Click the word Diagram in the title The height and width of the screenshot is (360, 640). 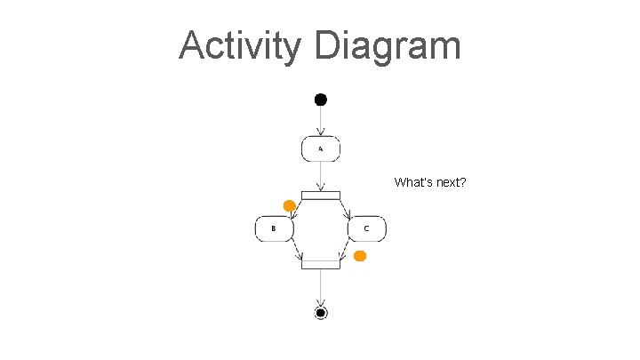tap(388, 46)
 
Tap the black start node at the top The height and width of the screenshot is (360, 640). tap(321, 99)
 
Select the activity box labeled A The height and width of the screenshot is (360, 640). tap(321, 149)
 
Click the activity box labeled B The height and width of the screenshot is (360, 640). tap(275, 228)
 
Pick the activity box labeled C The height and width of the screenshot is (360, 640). tap(366, 228)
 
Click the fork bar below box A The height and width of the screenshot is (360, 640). tap(321, 196)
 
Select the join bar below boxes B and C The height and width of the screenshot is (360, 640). tap(321, 263)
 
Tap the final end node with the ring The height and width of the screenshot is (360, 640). tap(321, 312)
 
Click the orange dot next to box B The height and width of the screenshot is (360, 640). tap(289, 206)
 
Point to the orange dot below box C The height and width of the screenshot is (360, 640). tap(359, 256)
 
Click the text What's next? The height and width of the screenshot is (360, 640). tap(431, 182)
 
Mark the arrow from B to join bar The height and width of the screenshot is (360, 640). tap(295, 250)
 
